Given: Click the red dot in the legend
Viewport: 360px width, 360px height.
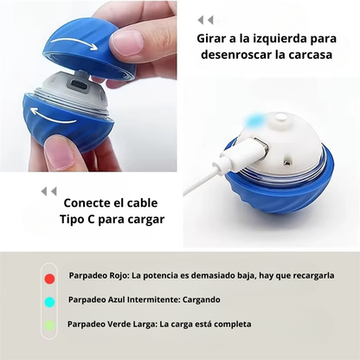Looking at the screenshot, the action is [x=49, y=279].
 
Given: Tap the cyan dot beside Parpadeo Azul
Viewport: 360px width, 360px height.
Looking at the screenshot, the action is [x=49, y=302].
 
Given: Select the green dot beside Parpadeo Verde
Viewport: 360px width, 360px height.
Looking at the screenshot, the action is [x=49, y=325].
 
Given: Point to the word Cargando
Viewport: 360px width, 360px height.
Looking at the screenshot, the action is [x=202, y=299].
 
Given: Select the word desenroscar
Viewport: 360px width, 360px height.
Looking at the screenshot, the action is [x=236, y=55].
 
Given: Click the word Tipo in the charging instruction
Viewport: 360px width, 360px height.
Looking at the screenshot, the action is [x=71, y=219].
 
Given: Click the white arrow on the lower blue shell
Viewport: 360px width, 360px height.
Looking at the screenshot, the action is [x=54, y=116].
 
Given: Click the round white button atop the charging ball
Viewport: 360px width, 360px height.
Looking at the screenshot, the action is [x=280, y=118].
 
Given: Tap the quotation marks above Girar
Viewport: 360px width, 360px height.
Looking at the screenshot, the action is [x=205, y=20].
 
